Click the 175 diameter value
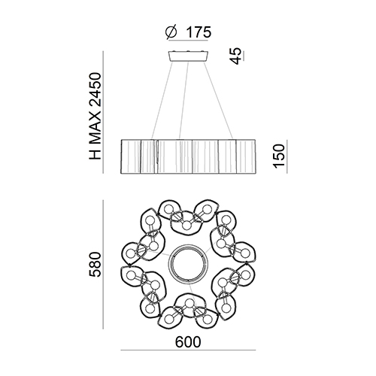point(199,32)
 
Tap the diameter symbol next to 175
point(171,32)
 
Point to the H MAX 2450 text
point(95,116)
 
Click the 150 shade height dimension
point(279,156)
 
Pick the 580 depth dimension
point(95,265)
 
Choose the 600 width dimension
point(188,342)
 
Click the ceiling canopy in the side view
point(188,56)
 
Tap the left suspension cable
point(162,100)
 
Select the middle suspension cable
point(183,100)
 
